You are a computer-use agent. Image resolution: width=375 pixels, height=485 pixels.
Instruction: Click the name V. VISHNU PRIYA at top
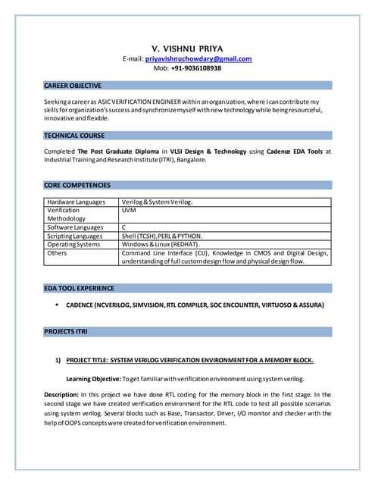click(x=187, y=48)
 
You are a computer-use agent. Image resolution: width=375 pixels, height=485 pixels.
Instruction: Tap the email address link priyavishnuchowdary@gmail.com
click(x=198, y=58)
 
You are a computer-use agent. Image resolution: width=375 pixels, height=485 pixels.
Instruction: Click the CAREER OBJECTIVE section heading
click(x=73, y=86)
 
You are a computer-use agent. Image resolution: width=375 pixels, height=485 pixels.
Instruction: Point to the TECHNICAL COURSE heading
click(x=74, y=135)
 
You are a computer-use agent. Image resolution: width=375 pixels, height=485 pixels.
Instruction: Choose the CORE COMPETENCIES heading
click(x=77, y=185)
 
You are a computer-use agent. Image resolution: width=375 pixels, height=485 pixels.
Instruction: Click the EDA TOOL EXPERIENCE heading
click(x=80, y=288)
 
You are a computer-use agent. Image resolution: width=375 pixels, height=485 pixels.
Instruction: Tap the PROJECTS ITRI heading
click(x=66, y=332)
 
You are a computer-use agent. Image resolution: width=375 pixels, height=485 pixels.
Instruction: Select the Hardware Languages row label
click(x=76, y=202)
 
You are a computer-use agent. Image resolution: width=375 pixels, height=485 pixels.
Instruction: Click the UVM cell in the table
click(x=128, y=210)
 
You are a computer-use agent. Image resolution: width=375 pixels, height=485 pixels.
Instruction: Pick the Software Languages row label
click(x=75, y=227)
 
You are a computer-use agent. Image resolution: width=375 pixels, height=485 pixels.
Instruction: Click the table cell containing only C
click(x=123, y=227)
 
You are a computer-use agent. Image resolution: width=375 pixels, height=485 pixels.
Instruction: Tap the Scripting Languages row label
click(x=75, y=236)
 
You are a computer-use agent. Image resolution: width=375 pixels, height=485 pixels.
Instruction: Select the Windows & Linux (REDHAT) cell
click(x=160, y=244)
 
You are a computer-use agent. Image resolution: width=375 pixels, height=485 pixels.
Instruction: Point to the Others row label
click(x=57, y=253)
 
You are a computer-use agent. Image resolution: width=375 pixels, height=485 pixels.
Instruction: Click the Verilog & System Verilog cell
click(x=157, y=202)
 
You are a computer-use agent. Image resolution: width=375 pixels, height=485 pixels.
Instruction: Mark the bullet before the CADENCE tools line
click(x=58, y=305)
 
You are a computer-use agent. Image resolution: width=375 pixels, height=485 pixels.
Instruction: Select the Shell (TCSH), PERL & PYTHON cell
click(x=161, y=236)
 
